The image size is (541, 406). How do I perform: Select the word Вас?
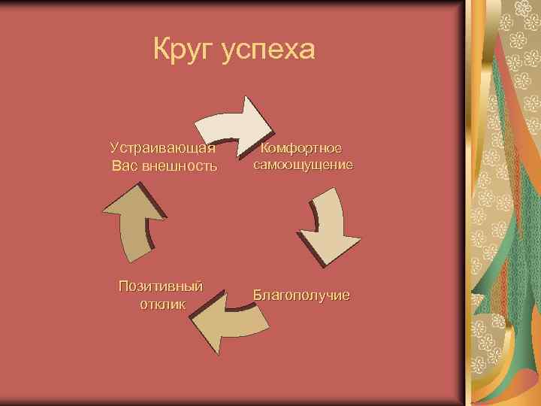[x=125, y=165]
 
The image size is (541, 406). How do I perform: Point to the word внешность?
[x=180, y=165]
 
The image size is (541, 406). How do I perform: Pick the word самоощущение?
[x=303, y=165]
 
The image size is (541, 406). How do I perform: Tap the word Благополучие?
[x=301, y=295]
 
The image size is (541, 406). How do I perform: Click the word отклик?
[x=162, y=304]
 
